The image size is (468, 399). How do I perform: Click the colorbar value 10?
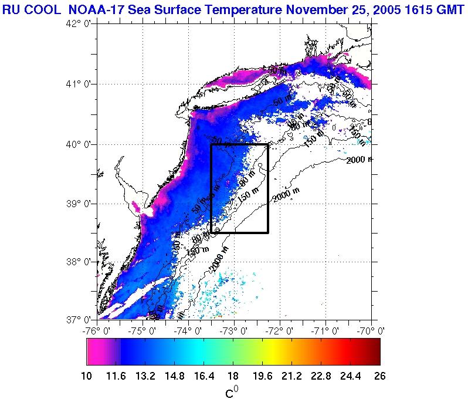86,376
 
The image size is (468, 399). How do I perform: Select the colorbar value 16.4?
204,376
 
